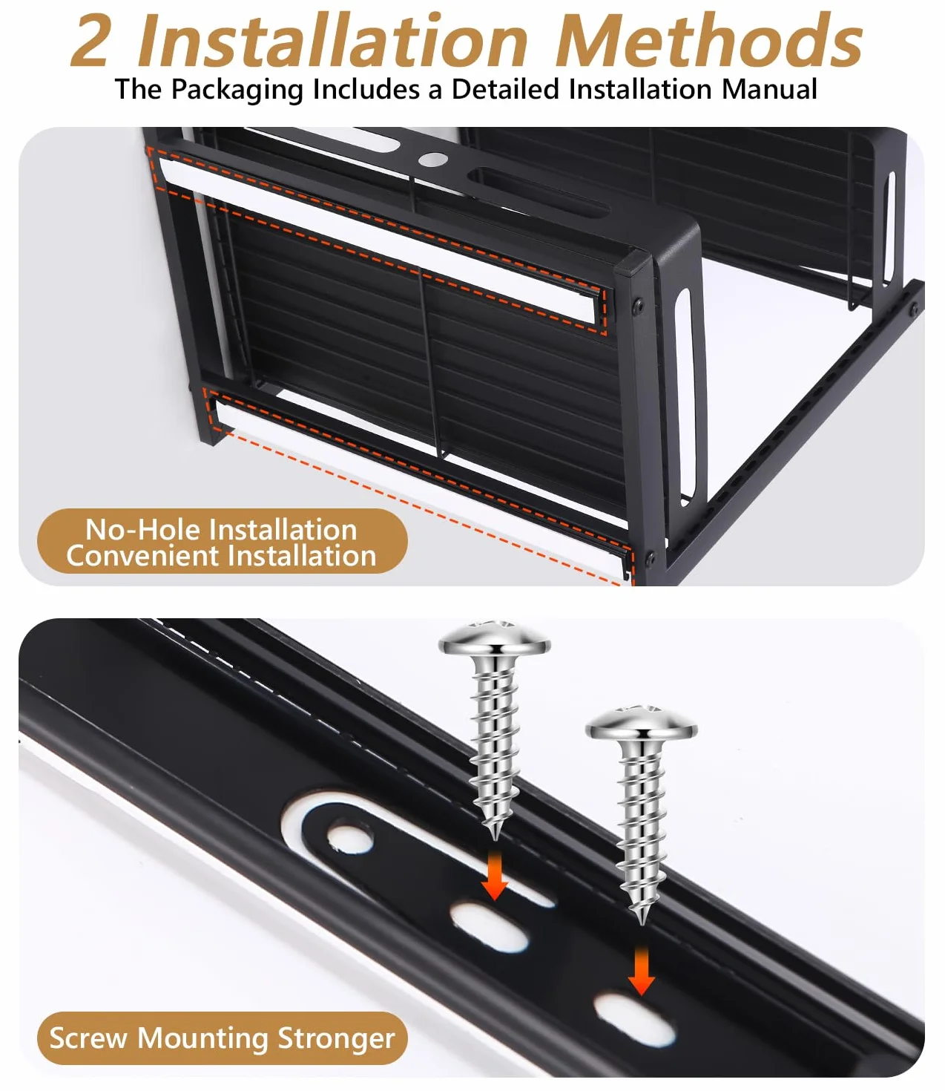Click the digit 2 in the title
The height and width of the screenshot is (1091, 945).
click(90, 40)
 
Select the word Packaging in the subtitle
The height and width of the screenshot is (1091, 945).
click(237, 90)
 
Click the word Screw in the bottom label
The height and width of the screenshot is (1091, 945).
click(88, 1038)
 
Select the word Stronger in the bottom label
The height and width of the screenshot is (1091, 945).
click(336, 1039)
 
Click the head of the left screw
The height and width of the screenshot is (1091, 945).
click(495, 638)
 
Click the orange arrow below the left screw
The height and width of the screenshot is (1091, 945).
click(495, 878)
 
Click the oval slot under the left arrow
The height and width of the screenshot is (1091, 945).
click(489, 927)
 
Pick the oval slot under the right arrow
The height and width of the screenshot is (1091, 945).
click(635, 1020)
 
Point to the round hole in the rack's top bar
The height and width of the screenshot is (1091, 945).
click(432, 159)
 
